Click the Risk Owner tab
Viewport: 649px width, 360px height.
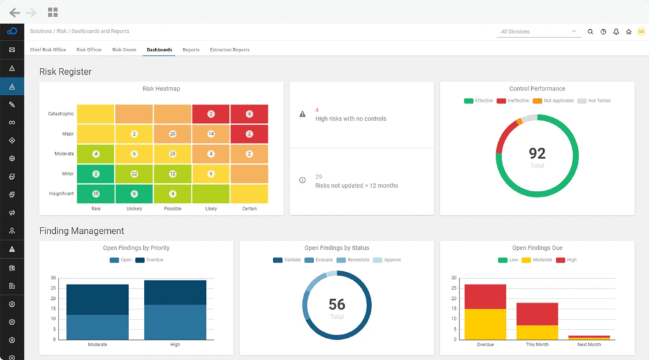[125, 49]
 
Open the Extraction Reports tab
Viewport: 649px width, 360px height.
[229, 49]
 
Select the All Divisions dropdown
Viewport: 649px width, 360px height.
[538, 31]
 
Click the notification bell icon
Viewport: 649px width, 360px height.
[616, 32]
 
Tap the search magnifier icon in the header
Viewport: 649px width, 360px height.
[590, 32]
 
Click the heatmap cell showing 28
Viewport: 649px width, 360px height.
[172, 153]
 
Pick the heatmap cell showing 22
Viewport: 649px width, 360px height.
[134, 174]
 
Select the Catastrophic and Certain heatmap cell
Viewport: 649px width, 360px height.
[249, 114]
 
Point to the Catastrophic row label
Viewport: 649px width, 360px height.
[61, 114]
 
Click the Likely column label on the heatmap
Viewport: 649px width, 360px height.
[210, 208]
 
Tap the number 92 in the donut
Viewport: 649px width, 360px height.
[537, 153]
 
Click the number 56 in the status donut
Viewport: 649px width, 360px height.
[337, 305]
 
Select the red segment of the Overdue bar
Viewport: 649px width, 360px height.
[485, 296]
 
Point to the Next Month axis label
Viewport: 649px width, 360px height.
[589, 344]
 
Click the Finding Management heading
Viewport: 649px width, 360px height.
[82, 231]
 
